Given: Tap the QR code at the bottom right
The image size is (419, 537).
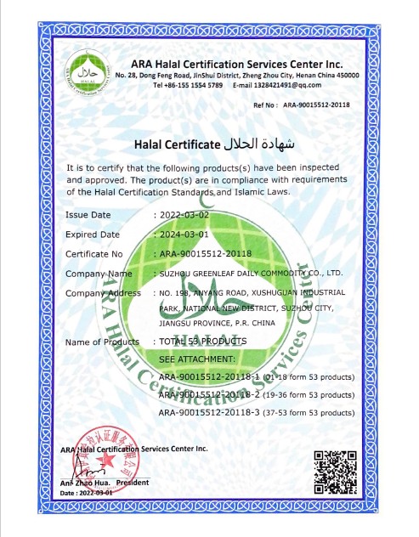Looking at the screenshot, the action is pos(334,473).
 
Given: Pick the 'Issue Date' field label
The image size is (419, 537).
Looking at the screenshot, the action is pos(88,215).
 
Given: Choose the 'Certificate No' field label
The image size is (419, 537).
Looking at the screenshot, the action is pos(94,254).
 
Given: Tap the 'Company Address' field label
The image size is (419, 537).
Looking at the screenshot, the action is pos(103,293).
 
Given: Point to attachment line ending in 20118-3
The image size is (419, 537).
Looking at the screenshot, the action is pos(255,412).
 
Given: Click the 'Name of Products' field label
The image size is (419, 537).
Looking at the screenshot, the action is pos(102,342).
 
